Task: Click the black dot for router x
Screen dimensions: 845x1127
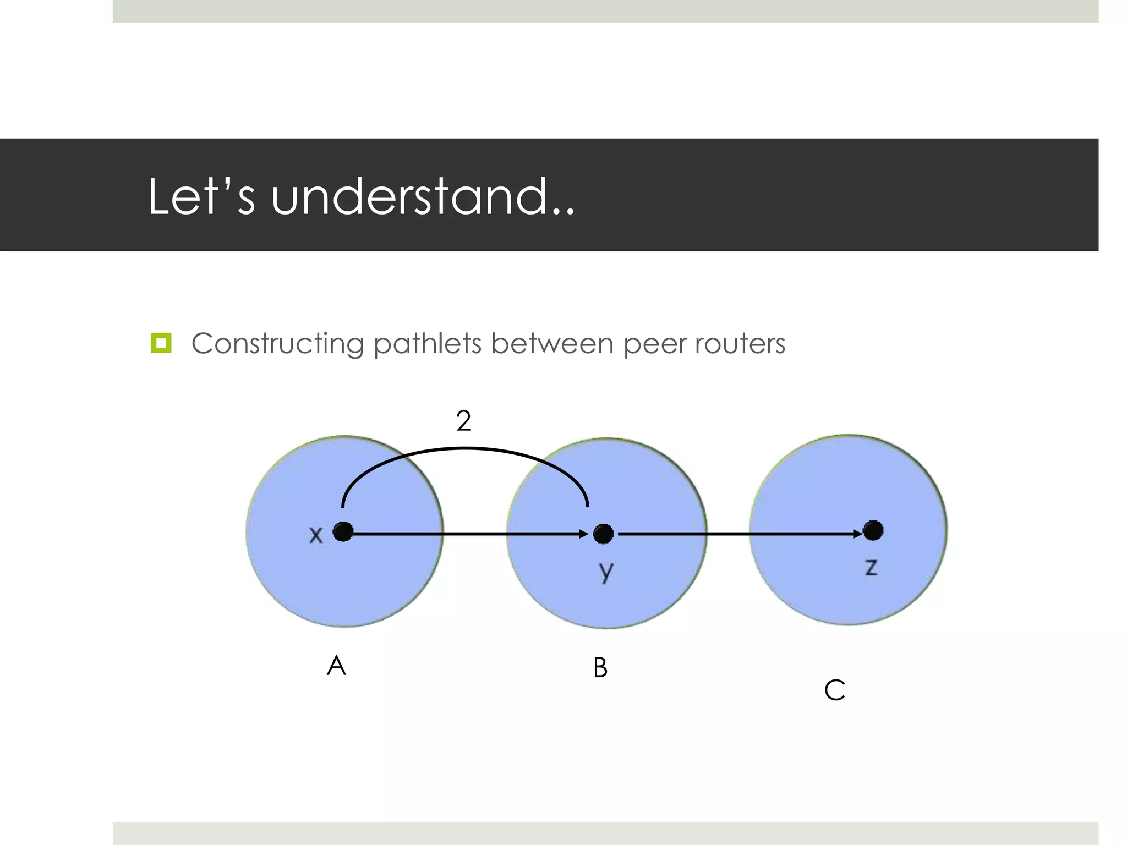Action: (343, 532)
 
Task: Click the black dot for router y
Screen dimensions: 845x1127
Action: (603, 534)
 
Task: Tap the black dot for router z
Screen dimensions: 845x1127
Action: (873, 531)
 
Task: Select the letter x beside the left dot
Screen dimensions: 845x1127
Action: (315, 535)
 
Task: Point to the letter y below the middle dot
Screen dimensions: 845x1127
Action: (606, 573)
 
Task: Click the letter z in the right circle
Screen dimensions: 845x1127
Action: (871, 567)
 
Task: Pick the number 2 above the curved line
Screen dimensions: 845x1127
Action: (463, 421)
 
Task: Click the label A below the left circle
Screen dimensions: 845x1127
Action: (336, 666)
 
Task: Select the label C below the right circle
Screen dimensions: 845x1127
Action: (834, 690)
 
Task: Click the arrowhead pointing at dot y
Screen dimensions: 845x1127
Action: (584, 534)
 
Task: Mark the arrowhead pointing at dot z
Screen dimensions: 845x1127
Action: (857, 534)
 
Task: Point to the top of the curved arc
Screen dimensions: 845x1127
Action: (465, 449)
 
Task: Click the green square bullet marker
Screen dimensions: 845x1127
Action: (161, 343)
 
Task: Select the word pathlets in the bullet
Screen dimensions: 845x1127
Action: (428, 344)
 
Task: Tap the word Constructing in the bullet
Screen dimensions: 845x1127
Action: (277, 344)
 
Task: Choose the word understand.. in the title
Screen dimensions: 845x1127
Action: (423, 196)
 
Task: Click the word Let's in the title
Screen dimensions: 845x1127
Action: (201, 196)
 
